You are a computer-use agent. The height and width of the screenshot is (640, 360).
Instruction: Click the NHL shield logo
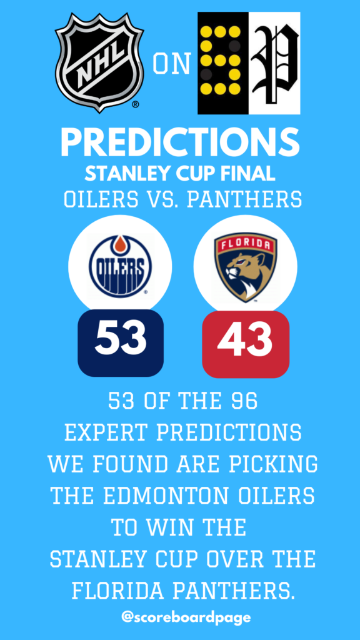(x=99, y=62)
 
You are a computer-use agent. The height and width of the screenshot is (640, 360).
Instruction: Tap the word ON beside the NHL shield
(x=172, y=64)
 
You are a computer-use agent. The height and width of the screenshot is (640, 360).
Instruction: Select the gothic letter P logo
(x=275, y=63)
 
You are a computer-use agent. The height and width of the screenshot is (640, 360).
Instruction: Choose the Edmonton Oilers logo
(x=120, y=266)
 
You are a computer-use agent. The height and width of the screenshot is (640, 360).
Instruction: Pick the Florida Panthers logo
(x=245, y=267)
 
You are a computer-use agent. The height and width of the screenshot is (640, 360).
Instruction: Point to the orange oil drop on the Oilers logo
(x=120, y=245)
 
